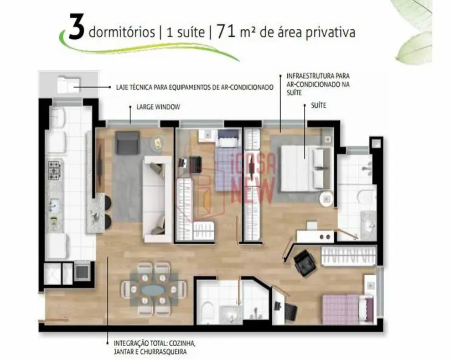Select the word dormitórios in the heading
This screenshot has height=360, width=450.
(x=121, y=33)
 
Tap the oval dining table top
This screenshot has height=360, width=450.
(x=153, y=289)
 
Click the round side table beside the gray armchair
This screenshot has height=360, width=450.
(x=158, y=143)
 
